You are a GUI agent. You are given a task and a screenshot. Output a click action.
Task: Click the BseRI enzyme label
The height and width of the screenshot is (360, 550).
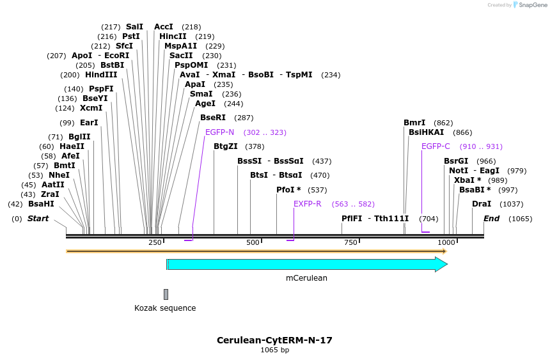click(x=213, y=118)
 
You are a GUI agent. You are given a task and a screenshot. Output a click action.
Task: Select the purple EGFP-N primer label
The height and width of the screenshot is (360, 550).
click(x=219, y=132)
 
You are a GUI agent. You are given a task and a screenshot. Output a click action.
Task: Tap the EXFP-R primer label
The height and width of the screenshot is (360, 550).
click(x=307, y=204)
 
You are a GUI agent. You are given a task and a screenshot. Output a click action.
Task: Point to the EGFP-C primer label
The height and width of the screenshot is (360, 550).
click(x=436, y=146)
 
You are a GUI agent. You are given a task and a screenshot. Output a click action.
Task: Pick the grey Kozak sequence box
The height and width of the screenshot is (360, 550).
click(x=166, y=294)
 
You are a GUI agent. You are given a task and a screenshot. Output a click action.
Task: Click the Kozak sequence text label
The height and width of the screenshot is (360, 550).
click(x=165, y=308)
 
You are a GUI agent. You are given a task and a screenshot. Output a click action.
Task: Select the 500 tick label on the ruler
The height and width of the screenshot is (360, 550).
click(x=253, y=242)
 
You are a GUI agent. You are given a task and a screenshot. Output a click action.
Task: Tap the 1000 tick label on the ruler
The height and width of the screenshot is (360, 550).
click(x=446, y=242)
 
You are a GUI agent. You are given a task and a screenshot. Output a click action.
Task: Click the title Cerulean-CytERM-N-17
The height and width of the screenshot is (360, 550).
click(x=274, y=340)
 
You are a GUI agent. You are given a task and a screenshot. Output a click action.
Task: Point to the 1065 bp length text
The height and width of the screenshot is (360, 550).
click(x=274, y=350)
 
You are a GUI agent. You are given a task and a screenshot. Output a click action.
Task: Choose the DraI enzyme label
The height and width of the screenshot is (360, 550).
click(x=482, y=204)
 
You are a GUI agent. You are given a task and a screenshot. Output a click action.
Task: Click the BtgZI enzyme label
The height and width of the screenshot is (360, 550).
click(x=226, y=146)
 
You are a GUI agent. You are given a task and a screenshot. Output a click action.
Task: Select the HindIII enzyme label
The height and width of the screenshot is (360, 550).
click(x=101, y=75)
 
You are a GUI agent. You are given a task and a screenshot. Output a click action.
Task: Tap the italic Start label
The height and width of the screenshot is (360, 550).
click(x=38, y=219)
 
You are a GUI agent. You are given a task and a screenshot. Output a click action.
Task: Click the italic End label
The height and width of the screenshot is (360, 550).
click(x=491, y=219)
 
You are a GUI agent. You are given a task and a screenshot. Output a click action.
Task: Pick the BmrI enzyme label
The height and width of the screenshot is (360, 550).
click(x=414, y=123)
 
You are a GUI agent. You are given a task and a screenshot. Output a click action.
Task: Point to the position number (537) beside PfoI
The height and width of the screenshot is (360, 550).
click(x=317, y=190)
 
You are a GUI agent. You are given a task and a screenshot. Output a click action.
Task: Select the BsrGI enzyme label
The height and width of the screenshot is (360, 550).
click(x=456, y=161)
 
